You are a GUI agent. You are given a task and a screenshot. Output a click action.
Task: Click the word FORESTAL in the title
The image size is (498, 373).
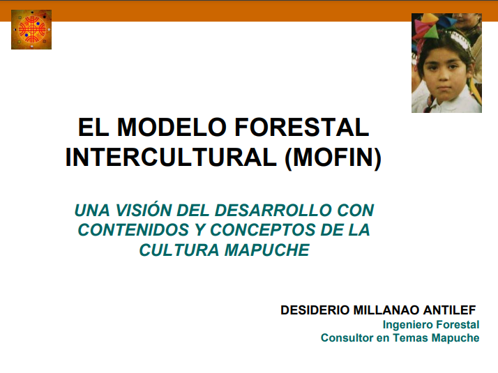[x=302, y=128]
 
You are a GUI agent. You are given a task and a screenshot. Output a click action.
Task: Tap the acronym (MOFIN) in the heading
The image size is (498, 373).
[x=333, y=157]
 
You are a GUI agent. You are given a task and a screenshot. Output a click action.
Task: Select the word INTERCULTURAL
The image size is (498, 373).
[x=171, y=157]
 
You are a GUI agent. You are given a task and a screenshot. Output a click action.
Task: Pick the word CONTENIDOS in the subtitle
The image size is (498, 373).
[x=134, y=230]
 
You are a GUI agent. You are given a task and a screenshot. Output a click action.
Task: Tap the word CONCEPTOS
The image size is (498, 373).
[x=263, y=230]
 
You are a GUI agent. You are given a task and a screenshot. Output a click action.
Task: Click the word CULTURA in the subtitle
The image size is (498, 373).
[x=179, y=250]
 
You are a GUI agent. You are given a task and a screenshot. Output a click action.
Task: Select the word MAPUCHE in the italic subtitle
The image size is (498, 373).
[x=267, y=250]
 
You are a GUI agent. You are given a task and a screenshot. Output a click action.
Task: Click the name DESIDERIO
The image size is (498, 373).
[x=315, y=310]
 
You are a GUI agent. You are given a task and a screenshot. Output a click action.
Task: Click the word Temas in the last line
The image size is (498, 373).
[x=410, y=337]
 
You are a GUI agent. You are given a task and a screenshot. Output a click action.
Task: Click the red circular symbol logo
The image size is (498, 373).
[x=31, y=29]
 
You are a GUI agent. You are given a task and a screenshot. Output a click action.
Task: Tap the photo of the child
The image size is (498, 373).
[x=446, y=63]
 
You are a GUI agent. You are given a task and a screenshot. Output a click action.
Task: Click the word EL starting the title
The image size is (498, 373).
[x=93, y=128]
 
